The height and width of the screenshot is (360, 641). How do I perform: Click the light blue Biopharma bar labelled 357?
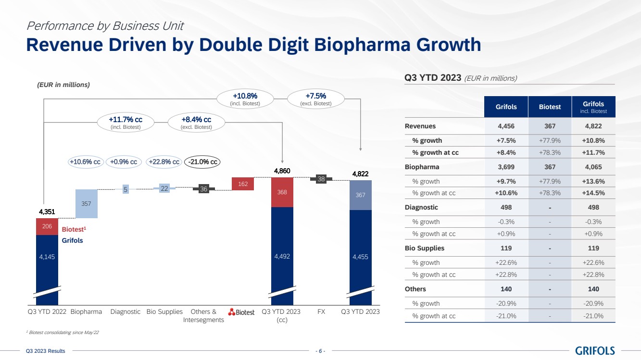[x=87, y=204]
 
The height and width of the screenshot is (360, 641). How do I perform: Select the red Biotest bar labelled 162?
[x=243, y=184]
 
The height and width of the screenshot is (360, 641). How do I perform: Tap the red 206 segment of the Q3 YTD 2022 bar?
[x=47, y=226]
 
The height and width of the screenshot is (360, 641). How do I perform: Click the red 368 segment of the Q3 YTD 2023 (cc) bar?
[x=282, y=192]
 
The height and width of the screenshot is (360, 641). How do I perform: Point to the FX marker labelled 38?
[x=321, y=179]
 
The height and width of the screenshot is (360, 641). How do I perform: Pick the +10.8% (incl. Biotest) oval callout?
[x=245, y=99]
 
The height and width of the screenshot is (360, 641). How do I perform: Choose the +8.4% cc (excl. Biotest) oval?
[x=196, y=123]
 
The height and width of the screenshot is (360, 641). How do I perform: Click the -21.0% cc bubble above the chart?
[x=202, y=162]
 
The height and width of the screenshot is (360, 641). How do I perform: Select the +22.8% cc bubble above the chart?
[x=164, y=162]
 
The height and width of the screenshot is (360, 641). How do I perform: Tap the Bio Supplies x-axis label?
[x=164, y=311]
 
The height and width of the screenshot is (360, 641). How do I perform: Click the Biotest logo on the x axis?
[x=241, y=312]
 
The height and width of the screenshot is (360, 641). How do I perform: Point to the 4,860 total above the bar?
[x=282, y=171]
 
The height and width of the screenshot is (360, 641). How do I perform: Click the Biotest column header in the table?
[x=550, y=107]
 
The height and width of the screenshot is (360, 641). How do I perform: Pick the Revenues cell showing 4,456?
[x=506, y=126]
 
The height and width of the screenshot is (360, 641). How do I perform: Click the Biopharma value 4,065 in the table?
[x=593, y=167]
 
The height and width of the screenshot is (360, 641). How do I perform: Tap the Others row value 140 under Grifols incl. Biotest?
[x=593, y=289]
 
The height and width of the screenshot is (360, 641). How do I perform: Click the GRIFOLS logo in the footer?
[x=595, y=350]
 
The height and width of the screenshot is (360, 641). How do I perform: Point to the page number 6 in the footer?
[x=320, y=351]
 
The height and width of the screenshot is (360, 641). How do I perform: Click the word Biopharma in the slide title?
[x=362, y=45]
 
